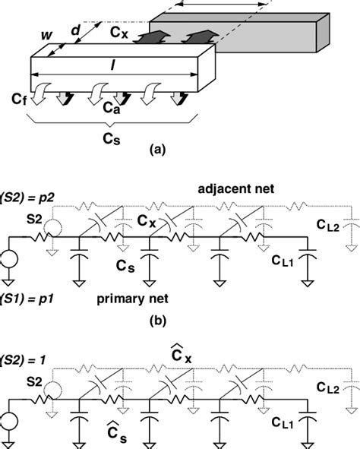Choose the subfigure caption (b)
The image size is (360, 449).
pos(156,320)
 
